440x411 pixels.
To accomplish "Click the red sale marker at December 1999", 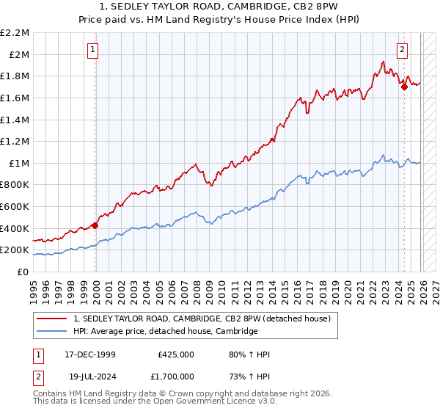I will (95, 225).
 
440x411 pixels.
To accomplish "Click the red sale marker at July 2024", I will (404, 86).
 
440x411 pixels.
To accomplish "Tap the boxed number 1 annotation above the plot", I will (94, 50).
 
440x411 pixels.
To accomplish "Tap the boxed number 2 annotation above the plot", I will (403, 50).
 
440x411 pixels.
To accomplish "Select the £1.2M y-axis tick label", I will (15, 141).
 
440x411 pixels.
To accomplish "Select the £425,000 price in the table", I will (176, 354).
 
